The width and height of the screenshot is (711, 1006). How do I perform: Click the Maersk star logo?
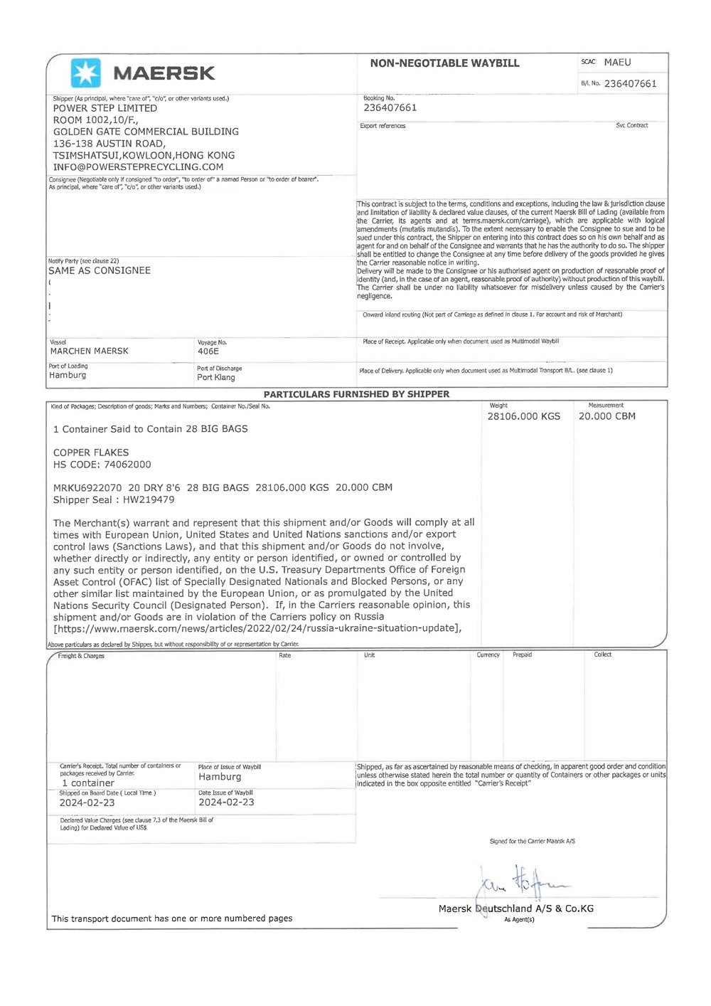(86, 73)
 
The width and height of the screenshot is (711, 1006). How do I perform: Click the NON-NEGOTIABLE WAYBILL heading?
(444, 63)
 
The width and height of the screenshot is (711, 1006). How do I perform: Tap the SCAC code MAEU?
(617, 63)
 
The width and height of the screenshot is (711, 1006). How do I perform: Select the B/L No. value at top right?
(630, 84)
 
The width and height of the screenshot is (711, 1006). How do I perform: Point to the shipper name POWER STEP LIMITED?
(105, 108)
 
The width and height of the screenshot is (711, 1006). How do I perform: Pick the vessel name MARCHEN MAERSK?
(90, 351)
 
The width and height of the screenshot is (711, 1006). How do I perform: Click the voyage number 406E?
(208, 351)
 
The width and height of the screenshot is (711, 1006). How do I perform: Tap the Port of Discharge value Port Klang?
(216, 378)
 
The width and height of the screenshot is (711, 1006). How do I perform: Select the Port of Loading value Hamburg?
(68, 376)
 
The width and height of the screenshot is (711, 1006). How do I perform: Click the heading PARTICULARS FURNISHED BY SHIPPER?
(356, 394)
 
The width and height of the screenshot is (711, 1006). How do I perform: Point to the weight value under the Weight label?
(523, 417)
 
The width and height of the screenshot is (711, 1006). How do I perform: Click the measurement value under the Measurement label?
(606, 417)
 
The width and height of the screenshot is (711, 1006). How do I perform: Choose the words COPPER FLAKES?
(91, 452)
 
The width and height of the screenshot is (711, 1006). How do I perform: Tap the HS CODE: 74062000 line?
(102, 465)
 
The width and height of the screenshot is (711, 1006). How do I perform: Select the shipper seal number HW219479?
(149, 499)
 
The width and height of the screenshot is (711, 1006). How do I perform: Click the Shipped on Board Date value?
(87, 803)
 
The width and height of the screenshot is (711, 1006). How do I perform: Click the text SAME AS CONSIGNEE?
(100, 271)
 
